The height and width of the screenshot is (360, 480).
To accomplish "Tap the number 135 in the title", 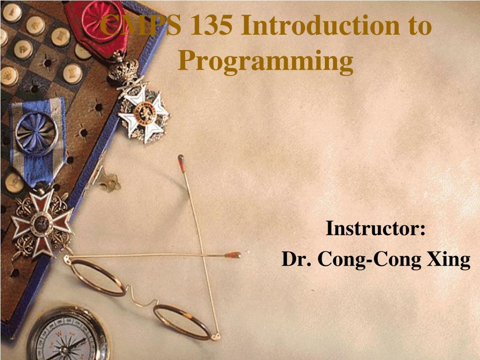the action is pyautogui.click(x=211, y=25).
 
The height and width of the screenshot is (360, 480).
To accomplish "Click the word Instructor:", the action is pyautogui.click(x=375, y=228).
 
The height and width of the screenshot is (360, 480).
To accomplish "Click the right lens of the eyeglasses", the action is pyautogui.click(x=182, y=322).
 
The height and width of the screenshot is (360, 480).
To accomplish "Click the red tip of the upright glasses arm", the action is pyautogui.click(x=181, y=163).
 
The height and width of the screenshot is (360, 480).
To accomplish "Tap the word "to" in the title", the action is pyautogui.click(x=419, y=26).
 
